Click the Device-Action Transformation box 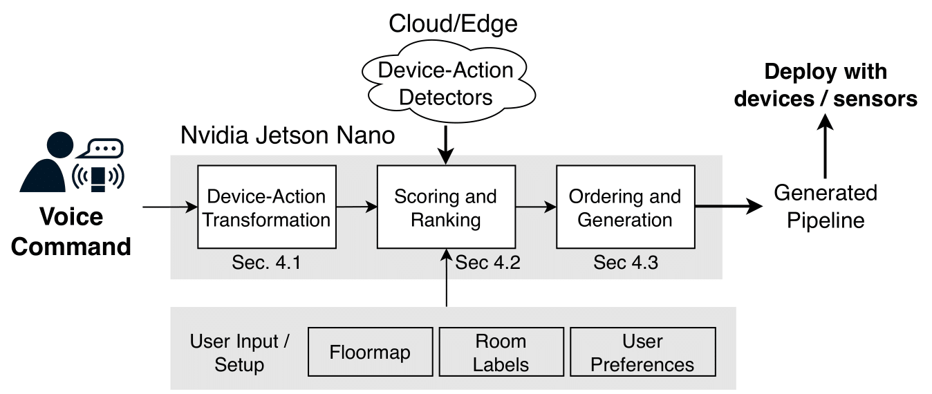click(x=266, y=207)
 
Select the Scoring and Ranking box click(x=445, y=207)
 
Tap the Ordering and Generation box click(x=625, y=207)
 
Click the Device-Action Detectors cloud click(x=447, y=83)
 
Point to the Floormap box click(x=370, y=353)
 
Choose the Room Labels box click(x=501, y=353)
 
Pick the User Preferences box click(x=642, y=353)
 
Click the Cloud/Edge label click(x=453, y=24)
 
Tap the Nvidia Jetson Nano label click(x=288, y=135)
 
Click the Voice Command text click(x=71, y=232)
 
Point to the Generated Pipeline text click(x=825, y=206)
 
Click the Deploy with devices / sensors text click(x=826, y=86)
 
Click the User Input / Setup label click(x=240, y=353)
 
